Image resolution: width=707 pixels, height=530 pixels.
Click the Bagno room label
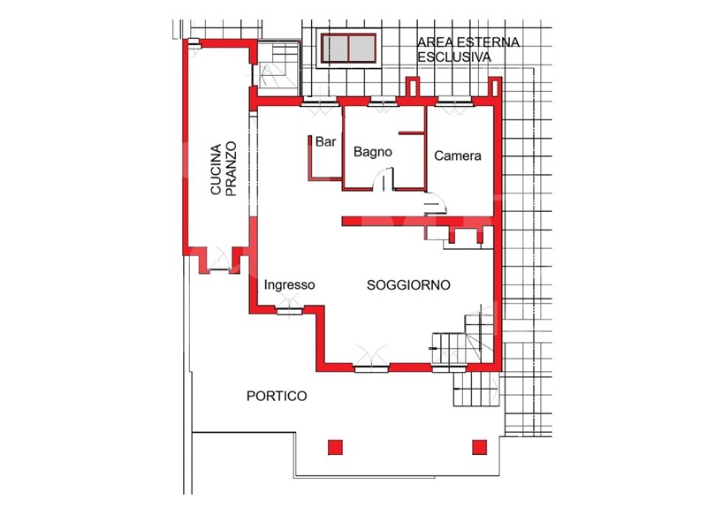coord(372,152)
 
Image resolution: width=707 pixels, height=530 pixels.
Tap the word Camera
coord(457,156)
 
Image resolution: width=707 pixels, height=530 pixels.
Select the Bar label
coord(325,141)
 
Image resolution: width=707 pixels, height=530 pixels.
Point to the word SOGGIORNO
coord(408,284)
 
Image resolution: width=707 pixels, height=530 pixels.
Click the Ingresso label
coord(290,284)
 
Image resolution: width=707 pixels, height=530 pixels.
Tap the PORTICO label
coord(277,396)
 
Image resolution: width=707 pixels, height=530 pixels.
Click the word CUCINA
coord(216,170)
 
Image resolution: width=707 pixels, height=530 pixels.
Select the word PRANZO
coord(231,169)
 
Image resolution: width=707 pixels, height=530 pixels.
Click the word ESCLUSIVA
coord(454,57)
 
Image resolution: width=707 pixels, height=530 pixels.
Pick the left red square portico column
coord(335,447)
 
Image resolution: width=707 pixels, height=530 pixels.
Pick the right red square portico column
coord(479,447)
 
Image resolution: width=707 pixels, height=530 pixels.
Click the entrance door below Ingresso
coord(289,306)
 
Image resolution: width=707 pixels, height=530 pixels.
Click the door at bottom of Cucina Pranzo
coord(219,261)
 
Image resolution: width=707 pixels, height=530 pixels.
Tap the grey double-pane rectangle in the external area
coord(348,49)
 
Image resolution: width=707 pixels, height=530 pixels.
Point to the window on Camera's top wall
coord(454,102)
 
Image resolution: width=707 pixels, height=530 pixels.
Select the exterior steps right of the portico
coord(476,389)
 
